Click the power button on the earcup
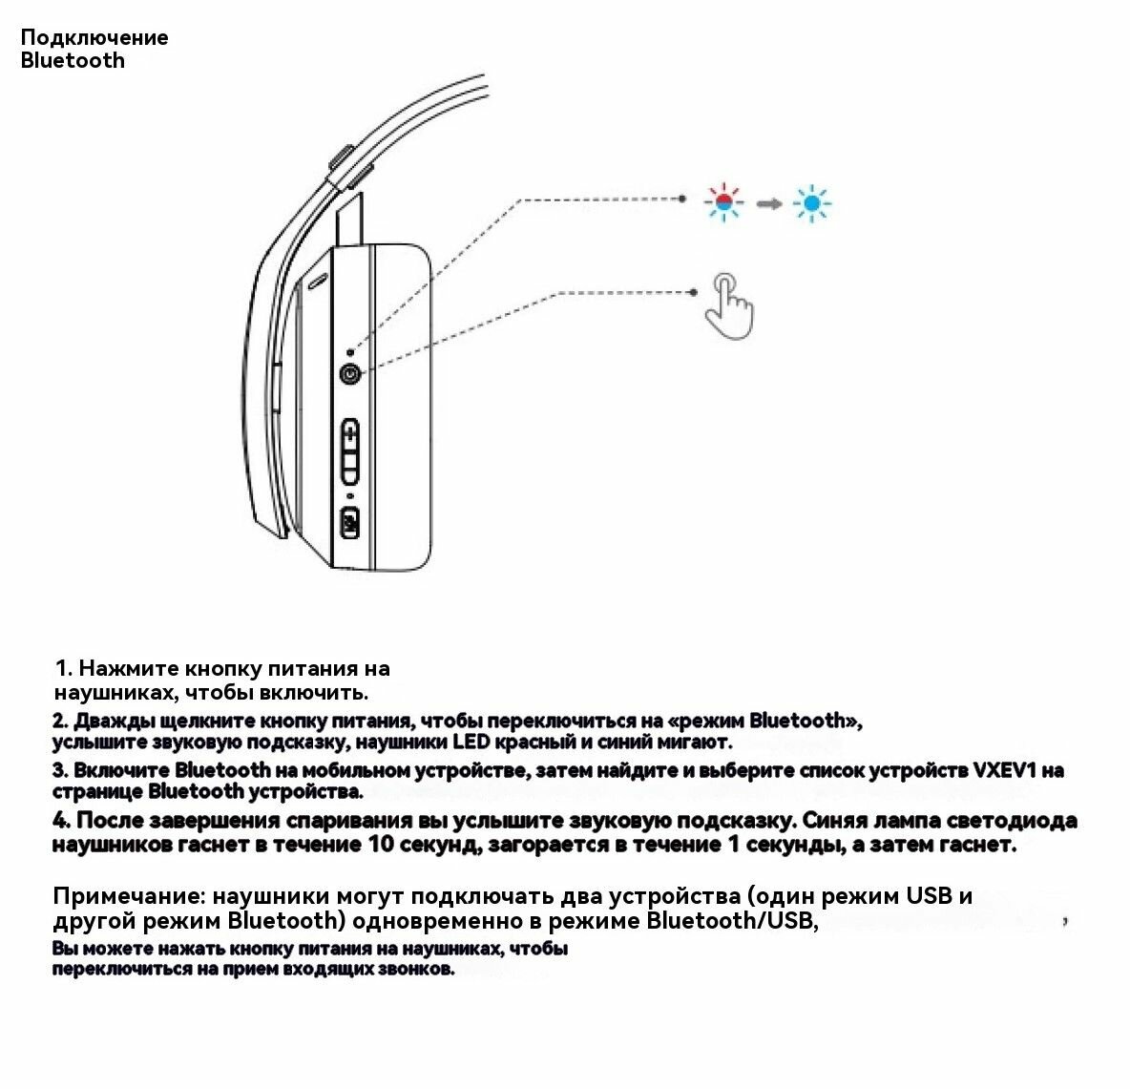(350, 375)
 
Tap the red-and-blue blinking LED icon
(723, 202)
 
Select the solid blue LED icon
(812, 202)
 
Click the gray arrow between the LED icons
(768, 203)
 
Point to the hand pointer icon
(728, 304)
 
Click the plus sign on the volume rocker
(350, 435)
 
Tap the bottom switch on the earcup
(349, 523)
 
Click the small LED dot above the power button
(350, 352)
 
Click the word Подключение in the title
(94, 37)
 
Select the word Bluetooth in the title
(73, 61)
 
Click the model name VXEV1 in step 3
(1003, 770)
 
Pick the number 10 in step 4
(379, 845)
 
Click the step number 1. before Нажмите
(64, 668)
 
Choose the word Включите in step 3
(123, 770)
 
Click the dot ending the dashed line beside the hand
(694, 292)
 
